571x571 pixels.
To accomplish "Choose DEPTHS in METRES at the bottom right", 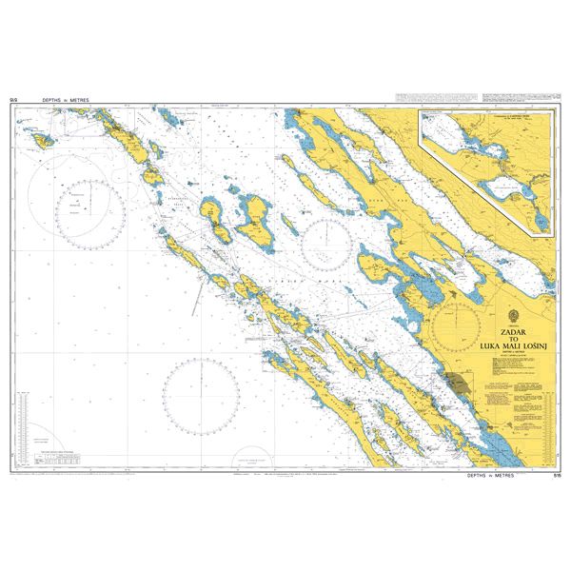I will tap(494, 473).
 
